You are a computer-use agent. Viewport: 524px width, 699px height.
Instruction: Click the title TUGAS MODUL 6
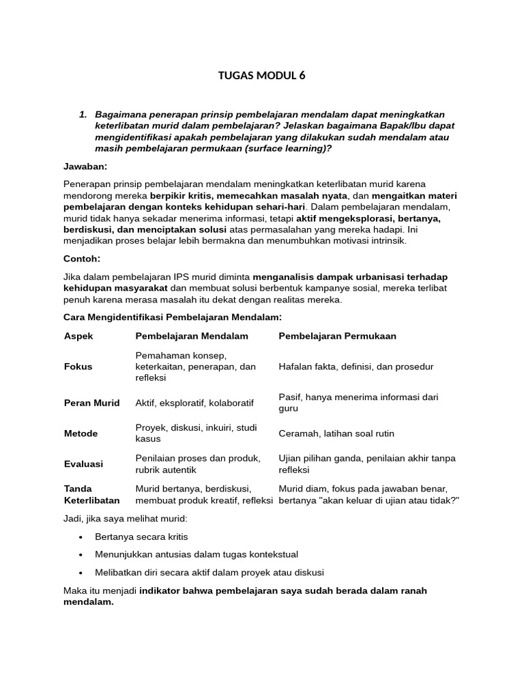point(261,76)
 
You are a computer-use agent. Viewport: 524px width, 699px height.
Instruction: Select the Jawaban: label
point(85,166)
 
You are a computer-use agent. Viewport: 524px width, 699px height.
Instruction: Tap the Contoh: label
point(82,259)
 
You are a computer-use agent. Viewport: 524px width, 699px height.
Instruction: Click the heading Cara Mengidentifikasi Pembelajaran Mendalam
point(172,317)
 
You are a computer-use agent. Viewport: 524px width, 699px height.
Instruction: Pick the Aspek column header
point(78,337)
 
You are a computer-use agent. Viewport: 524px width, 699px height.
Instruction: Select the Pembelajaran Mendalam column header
point(192,337)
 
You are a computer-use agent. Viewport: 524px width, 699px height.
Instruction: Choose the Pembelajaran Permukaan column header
point(337,337)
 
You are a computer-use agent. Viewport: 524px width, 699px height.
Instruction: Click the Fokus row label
point(78,367)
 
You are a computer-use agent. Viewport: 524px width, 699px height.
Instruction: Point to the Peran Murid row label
point(91,403)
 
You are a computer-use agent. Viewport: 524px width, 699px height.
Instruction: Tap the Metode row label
point(81,433)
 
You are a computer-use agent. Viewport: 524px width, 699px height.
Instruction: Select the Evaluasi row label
point(83,464)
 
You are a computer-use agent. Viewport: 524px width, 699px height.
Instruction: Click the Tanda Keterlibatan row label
point(91,495)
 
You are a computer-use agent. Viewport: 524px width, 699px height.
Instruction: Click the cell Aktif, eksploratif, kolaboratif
point(194,403)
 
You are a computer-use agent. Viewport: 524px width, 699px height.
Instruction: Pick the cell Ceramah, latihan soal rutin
point(336,433)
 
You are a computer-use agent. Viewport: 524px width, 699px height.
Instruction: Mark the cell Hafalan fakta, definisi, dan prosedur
point(356,367)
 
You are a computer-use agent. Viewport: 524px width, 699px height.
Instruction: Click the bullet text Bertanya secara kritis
point(141,537)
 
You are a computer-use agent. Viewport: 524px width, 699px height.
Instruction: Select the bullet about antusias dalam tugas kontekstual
point(196,554)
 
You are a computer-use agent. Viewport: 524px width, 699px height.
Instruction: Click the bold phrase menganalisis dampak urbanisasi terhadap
point(351,276)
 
